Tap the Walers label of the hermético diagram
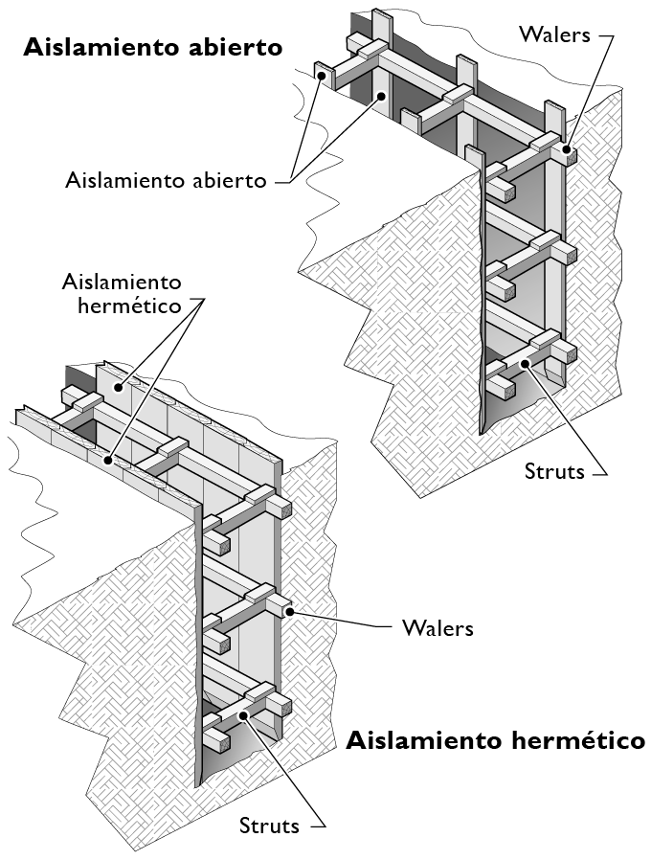point(438,628)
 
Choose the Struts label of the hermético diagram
point(269,826)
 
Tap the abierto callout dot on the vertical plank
point(382,95)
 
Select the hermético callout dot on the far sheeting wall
point(116,387)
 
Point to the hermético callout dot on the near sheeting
point(109,461)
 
